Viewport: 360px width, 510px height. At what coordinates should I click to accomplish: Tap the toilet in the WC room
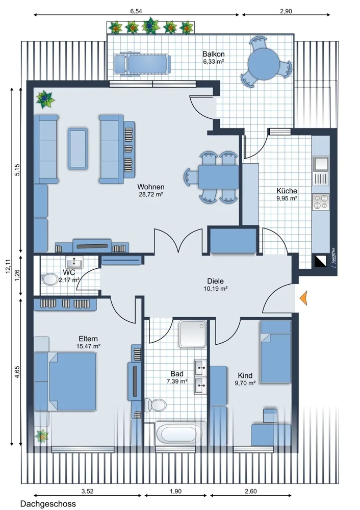(49, 279)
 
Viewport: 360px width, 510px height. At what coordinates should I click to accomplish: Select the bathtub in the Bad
(176, 434)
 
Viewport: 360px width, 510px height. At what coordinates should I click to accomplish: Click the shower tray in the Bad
(193, 334)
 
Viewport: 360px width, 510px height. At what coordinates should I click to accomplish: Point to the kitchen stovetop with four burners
(321, 201)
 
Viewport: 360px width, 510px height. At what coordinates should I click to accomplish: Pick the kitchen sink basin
(321, 164)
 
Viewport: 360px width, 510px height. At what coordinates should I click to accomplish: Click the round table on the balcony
(264, 64)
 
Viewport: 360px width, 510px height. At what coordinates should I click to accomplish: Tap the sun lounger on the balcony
(142, 64)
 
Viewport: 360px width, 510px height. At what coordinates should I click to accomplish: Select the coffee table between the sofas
(78, 148)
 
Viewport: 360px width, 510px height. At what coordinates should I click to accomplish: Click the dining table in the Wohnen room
(219, 177)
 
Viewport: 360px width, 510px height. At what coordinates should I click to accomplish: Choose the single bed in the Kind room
(275, 351)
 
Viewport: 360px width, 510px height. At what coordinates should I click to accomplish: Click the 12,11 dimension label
(9, 266)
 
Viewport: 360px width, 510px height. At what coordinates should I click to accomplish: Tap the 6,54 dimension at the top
(136, 11)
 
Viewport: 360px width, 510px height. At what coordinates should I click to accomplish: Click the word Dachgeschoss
(48, 504)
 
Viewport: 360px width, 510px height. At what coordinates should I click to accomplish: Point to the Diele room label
(216, 281)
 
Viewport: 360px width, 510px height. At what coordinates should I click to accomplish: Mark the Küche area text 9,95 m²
(287, 198)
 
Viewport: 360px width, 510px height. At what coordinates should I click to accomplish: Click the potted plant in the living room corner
(45, 99)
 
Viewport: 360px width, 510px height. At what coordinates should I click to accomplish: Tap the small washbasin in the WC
(75, 262)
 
